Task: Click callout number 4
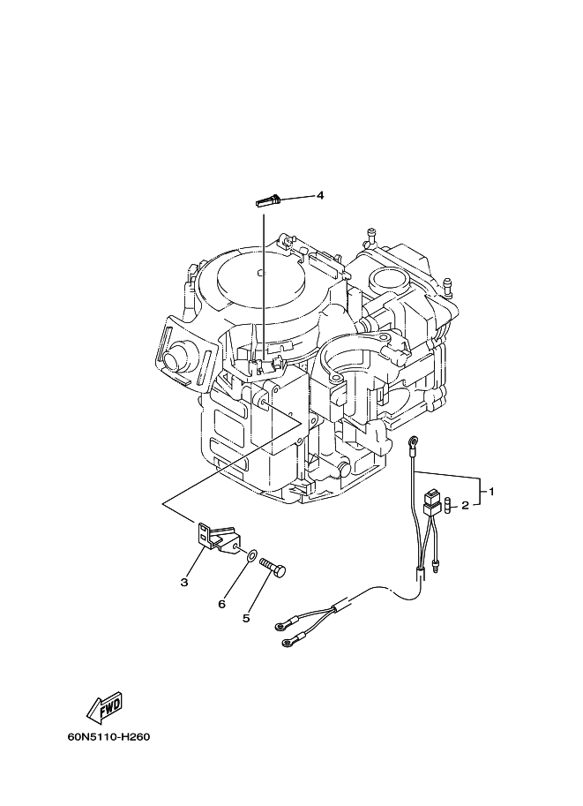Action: click(x=319, y=195)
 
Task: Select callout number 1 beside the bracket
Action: click(x=491, y=492)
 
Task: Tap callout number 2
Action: click(x=465, y=506)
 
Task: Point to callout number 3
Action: click(x=184, y=582)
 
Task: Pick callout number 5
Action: click(x=246, y=618)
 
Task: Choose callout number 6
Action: click(x=222, y=605)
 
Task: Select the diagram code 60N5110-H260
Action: click(x=108, y=737)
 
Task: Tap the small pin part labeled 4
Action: click(x=267, y=200)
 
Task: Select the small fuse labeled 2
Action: click(x=449, y=504)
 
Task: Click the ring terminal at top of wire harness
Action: click(x=413, y=441)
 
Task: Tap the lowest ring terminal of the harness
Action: click(x=288, y=643)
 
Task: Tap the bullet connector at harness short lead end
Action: click(x=437, y=567)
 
